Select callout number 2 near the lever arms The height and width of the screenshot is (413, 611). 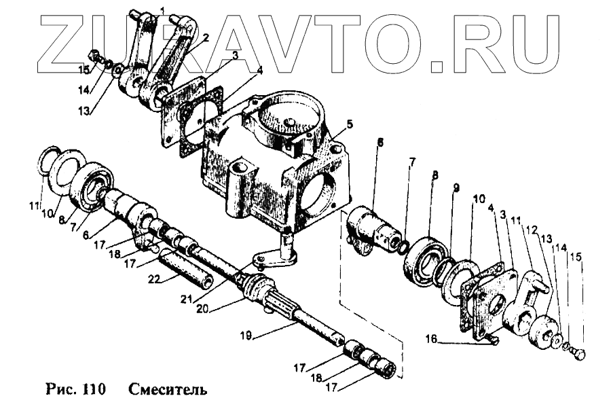(205, 37)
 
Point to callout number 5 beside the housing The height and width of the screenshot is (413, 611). (350, 124)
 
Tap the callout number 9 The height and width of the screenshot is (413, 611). (456, 187)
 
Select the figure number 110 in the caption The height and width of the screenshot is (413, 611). (92, 391)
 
